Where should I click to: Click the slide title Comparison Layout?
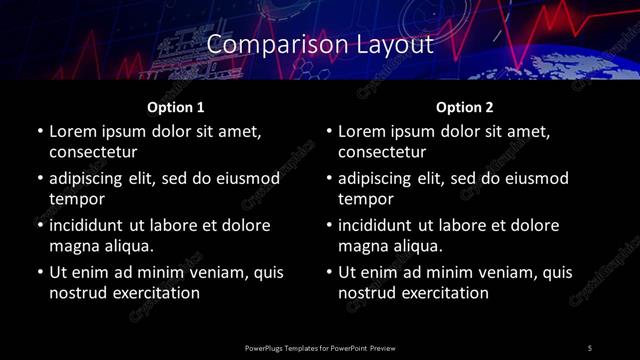pos(320,45)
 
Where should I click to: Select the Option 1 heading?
pos(175,106)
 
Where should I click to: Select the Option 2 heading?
pos(464,106)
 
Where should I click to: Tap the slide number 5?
pos(589,347)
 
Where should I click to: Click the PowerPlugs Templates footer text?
pos(320,347)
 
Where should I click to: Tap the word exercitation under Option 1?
pos(154,293)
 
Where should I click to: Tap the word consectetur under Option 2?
pos(383,152)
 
